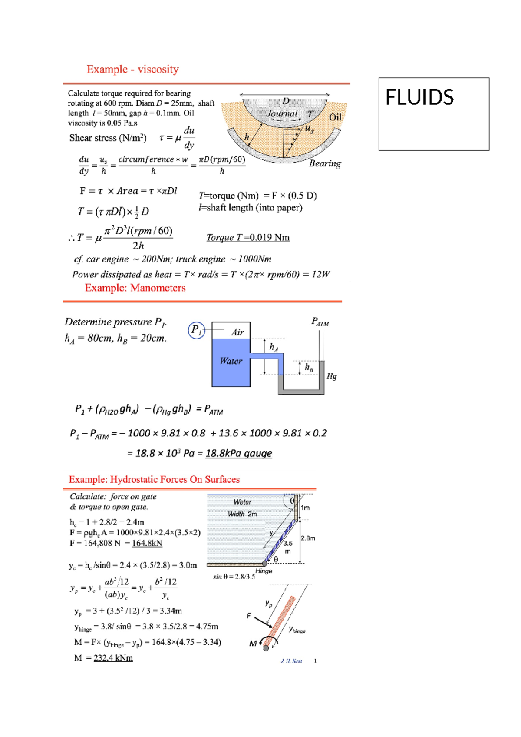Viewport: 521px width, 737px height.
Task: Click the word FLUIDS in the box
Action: tap(419, 97)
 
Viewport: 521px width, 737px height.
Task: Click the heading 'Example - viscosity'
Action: tap(132, 70)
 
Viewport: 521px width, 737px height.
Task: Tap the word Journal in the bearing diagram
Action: tap(282, 114)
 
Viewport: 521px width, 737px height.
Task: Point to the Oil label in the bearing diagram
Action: tap(335, 117)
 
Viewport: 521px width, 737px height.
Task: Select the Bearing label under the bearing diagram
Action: tap(325, 163)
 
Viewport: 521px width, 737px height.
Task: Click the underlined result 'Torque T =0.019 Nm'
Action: tap(247, 238)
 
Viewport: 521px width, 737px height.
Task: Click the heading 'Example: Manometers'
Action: tap(135, 288)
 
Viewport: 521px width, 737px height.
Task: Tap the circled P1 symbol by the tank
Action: tap(196, 330)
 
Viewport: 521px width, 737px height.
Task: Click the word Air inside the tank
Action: tap(237, 332)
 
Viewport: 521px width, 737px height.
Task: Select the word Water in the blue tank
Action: tap(231, 361)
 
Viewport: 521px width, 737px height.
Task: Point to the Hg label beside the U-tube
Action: tap(331, 376)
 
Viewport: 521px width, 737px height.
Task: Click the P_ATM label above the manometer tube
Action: tap(320, 322)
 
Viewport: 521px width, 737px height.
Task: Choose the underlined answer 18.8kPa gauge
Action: tap(238, 454)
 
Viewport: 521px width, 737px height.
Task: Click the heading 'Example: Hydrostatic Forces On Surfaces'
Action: tap(154, 480)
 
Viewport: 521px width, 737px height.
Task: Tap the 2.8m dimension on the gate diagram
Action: tap(308, 538)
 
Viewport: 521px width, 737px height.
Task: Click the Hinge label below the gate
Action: tap(264, 571)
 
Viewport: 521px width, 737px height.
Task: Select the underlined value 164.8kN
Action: tap(147, 543)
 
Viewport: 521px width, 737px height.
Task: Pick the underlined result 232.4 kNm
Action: tap(113, 658)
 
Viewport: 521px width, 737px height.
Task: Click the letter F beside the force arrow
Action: tap(249, 616)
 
